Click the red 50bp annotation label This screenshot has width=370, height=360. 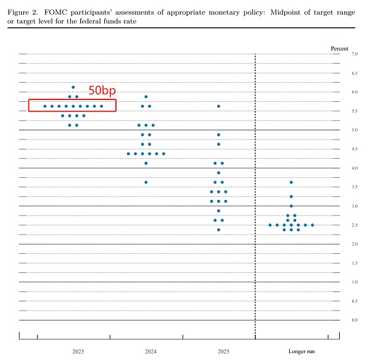(x=102, y=90)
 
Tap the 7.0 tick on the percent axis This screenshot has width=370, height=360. (x=355, y=54)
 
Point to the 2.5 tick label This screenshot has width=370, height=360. (x=355, y=225)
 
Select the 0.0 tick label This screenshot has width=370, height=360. (x=355, y=320)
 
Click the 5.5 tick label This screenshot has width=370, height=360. (x=355, y=111)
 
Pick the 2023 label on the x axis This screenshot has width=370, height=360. (x=78, y=351)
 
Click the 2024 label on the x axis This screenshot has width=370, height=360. (x=150, y=351)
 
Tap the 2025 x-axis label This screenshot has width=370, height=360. (x=223, y=351)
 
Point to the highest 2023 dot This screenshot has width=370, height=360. (x=73, y=87)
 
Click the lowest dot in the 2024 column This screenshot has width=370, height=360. (x=146, y=182)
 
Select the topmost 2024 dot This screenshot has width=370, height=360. (x=146, y=97)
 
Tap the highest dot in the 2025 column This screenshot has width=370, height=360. (x=218, y=106)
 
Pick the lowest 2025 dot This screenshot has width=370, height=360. (x=218, y=230)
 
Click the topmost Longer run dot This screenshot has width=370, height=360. (x=291, y=182)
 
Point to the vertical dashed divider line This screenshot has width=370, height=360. (x=255, y=185)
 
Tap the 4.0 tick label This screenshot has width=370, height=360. (x=355, y=168)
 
